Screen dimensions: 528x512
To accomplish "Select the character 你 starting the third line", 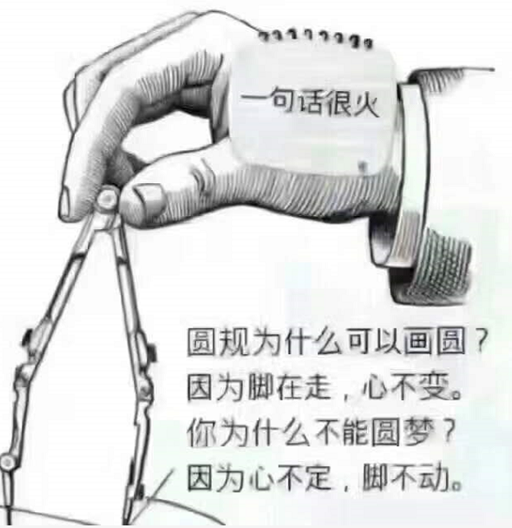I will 200,431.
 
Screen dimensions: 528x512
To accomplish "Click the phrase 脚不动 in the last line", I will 423,476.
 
